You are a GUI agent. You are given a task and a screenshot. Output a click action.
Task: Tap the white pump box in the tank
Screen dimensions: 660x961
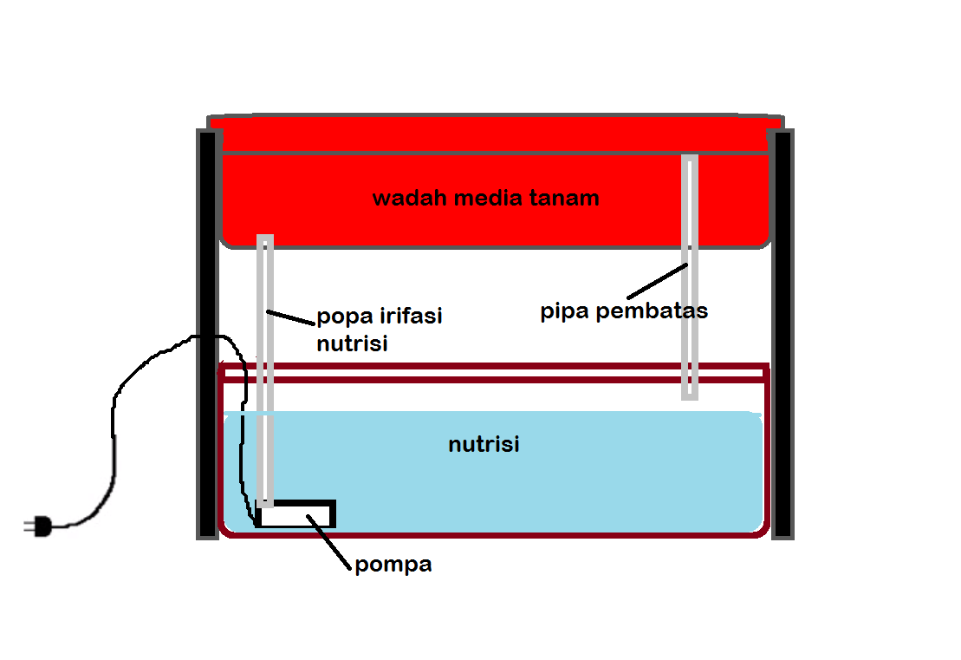click(x=295, y=515)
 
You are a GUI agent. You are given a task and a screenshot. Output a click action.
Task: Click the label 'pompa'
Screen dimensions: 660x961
click(x=393, y=565)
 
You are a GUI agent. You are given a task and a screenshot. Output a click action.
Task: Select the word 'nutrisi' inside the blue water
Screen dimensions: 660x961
click(x=484, y=445)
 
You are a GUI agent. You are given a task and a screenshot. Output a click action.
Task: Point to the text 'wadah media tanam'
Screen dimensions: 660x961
click(x=485, y=199)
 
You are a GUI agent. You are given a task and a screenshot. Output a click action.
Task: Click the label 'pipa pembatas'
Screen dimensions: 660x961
click(x=624, y=311)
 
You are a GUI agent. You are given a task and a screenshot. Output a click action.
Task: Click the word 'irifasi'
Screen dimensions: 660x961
click(x=411, y=316)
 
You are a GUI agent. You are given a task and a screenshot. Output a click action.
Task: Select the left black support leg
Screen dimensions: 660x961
click(x=206, y=334)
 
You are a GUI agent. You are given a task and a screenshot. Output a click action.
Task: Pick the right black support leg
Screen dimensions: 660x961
click(x=782, y=334)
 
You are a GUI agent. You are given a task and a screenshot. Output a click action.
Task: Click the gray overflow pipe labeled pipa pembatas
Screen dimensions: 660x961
click(x=690, y=278)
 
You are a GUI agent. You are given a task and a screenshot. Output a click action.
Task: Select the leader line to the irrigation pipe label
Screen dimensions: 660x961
click(x=290, y=318)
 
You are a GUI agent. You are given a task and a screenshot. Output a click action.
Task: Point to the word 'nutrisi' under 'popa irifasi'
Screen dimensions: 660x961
click(x=352, y=343)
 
